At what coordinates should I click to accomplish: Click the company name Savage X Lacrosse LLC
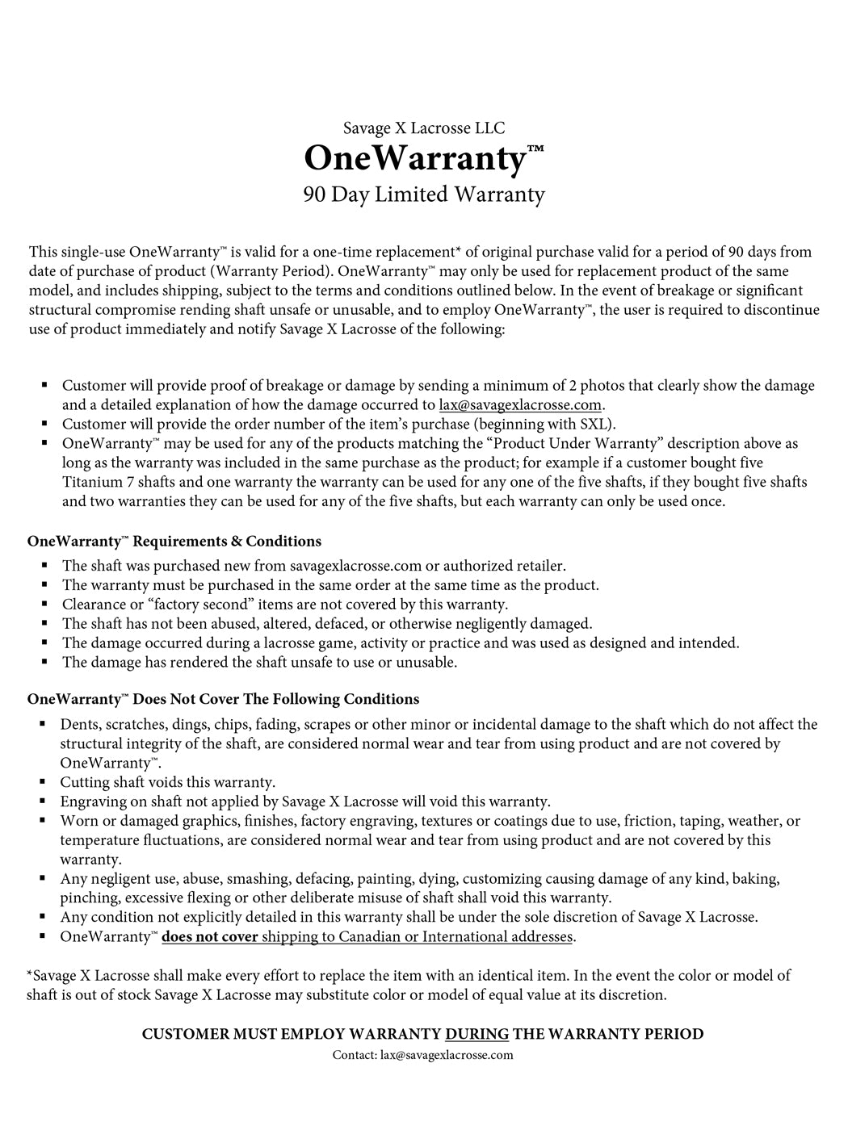coord(424,128)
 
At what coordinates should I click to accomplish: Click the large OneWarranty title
coord(416,158)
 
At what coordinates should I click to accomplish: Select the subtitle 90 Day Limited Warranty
coord(424,195)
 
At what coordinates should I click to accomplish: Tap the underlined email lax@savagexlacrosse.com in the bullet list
coord(521,405)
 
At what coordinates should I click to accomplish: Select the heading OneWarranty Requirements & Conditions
coord(174,541)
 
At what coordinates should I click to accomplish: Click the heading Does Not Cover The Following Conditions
coord(276,699)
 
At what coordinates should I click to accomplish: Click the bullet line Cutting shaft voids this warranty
coord(168,782)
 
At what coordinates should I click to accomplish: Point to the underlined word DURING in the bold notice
coord(477,1034)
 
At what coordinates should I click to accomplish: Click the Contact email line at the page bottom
coord(423,1055)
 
